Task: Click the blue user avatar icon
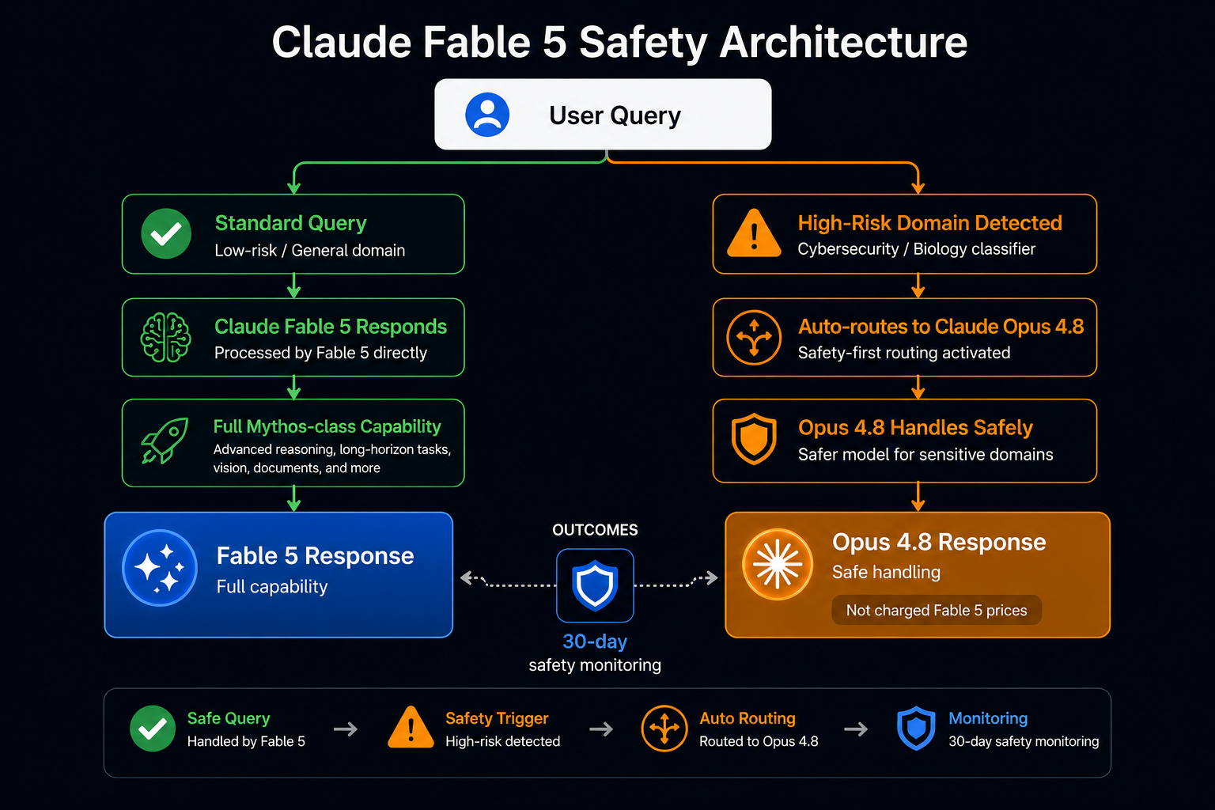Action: pos(487,115)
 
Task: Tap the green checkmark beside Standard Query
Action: pos(166,234)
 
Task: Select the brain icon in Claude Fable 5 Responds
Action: pos(165,338)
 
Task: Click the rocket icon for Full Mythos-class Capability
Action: pos(165,441)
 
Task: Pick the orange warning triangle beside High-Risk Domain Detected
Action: pos(754,233)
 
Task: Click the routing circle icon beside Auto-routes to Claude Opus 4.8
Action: pos(754,338)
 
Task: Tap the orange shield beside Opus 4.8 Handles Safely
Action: pos(754,439)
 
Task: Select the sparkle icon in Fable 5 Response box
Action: pos(160,567)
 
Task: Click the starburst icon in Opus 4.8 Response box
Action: pos(778,564)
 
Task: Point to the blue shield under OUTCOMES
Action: pos(595,585)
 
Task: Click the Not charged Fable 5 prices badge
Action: pos(937,611)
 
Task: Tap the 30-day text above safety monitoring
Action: pos(595,642)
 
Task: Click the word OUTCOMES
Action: pos(595,530)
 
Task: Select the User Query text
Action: pos(615,115)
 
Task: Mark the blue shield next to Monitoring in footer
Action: pos(916,728)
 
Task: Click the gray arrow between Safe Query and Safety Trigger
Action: pos(346,729)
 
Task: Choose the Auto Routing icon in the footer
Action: pos(664,728)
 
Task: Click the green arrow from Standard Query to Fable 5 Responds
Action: pos(294,286)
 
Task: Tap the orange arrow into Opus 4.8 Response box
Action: pos(918,497)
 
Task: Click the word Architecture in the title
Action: pos(843,42)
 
